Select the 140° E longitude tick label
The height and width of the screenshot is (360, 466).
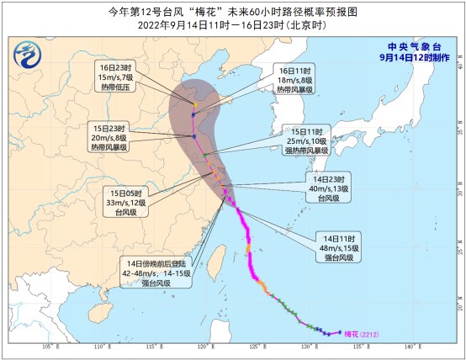[x=410, y=347]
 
